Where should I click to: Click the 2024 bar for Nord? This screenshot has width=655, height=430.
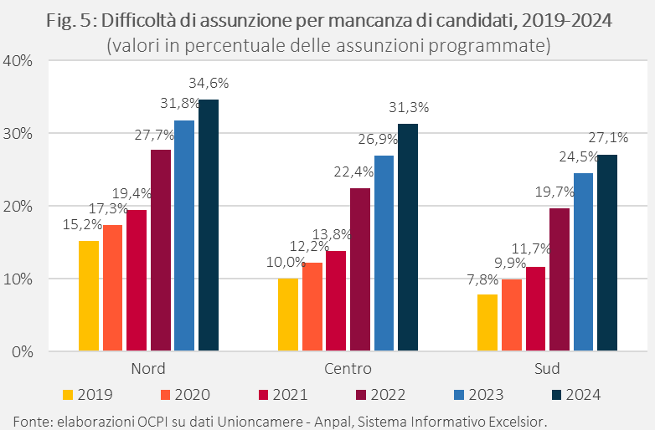209,225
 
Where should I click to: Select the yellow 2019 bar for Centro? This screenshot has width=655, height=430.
287,315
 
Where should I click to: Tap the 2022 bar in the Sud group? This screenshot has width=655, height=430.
559,279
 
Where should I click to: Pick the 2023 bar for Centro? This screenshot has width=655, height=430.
384,253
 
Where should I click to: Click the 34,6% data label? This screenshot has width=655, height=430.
209,84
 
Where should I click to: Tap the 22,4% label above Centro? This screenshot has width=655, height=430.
359,172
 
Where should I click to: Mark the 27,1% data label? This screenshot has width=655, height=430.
608,138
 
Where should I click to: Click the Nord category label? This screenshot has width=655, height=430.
148,369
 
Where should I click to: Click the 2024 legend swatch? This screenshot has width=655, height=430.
556,394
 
